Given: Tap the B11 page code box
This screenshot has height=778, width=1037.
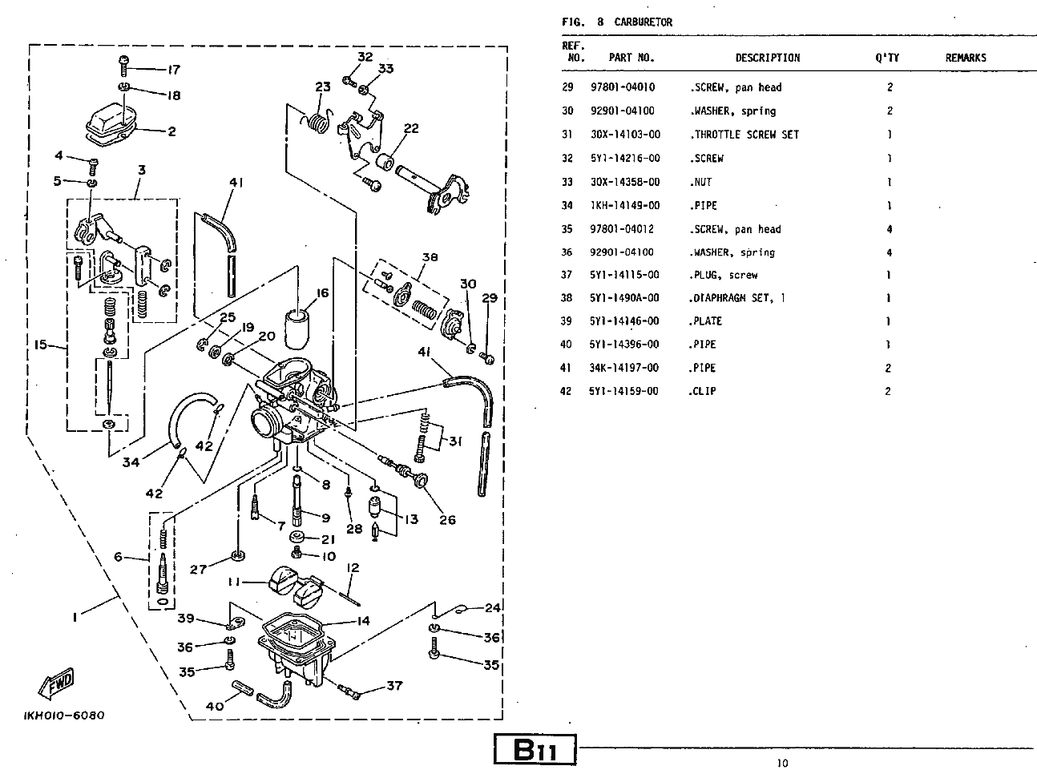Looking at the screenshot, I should (x=535, y=751).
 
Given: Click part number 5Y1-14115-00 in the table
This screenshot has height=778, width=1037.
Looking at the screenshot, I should (x=625, y=275).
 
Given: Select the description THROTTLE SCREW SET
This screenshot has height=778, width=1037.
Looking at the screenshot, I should (x=744, y=135).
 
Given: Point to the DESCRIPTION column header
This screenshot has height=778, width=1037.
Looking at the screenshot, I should (x=767, y=58).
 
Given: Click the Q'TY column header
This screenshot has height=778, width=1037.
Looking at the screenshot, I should (x=887, y=58).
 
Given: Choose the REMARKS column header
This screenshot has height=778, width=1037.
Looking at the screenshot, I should (x=965, y=58).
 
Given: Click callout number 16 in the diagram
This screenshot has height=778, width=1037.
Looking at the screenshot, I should (x=322, y=293).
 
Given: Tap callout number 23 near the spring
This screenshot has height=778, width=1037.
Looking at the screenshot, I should (x=322, y=87).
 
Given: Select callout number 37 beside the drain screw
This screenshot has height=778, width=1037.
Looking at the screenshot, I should (x=393, y=686).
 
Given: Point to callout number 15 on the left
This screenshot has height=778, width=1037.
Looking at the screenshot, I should (x=40, y=345).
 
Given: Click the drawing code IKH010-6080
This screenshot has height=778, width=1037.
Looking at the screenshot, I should (x=64, y=716).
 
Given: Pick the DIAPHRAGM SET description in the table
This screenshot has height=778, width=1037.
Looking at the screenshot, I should (x=737, y=298).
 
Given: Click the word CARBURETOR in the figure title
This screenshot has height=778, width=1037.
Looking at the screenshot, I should (x=643, y=22).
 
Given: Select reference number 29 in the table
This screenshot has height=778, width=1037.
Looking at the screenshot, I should (x=567, y=87).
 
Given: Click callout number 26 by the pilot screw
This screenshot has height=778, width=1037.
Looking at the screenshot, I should (x=447, y=519).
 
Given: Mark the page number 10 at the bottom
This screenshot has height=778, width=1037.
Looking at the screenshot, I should (x=782, y=763).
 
